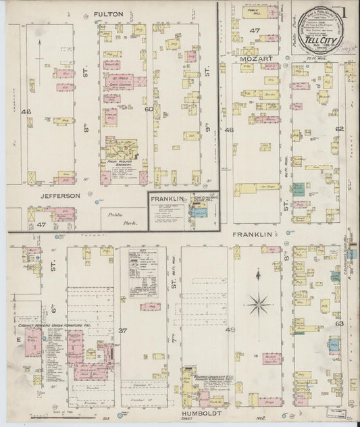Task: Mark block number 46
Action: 26,111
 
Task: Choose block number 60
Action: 149,108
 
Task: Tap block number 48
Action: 229,130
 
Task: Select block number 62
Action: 339,129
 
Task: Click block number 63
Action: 340,323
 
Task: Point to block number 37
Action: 122,330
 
